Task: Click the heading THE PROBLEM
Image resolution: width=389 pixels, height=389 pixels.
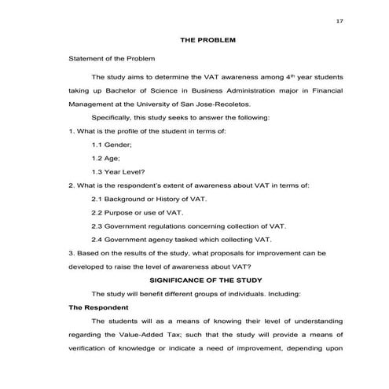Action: (x=207, y=39)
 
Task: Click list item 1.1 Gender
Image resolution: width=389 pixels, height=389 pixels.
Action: (x=112, y=145)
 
